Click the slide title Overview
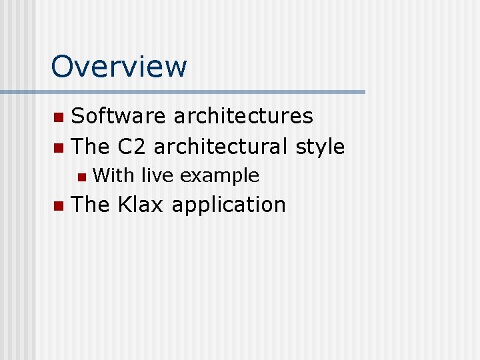tap(119, 67)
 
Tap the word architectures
tap(243, 116)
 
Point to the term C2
tap(132, 147)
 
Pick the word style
tap(320, 147)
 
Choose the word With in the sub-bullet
tap(113, 176)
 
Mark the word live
tap(157, 176)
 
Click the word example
tap(219, 176)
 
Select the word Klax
tap(141, 205)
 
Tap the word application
tap(229, 205)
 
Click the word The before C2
tap(91, 147)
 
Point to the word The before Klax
tap(91, 205)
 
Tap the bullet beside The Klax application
tap(58, 206)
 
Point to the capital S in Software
tap(77, 116)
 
